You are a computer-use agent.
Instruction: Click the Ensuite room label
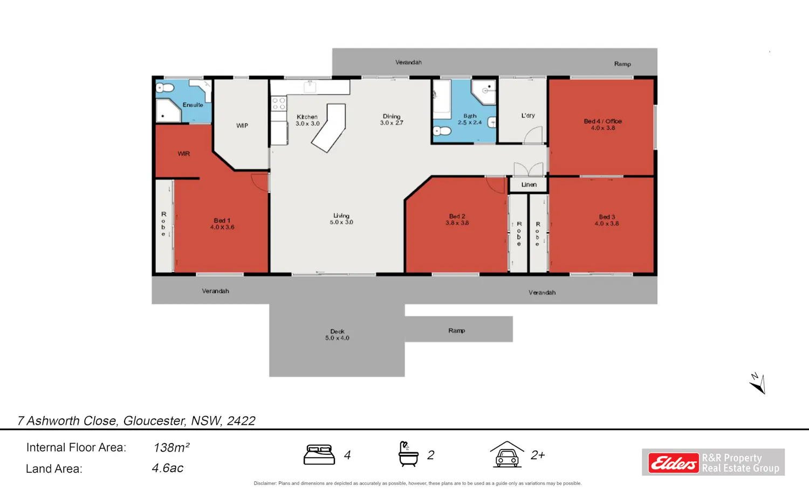pyautogui.click(x=193, y=105)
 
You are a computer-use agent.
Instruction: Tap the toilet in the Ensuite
pyautogui.click(x=165, y=87)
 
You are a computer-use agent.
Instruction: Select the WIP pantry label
pyautogui.click(x=242, y=126)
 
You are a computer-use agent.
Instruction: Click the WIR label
pyautogui.click(x=183, y=154)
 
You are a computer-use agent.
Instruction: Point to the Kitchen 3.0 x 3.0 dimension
pyautogui.click(x=307, y=123)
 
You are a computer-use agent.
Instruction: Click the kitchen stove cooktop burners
pyautogui.click(x=279, y=103)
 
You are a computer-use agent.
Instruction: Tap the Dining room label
pyautogui.click(x=392, y=116)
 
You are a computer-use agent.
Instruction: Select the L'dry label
pyautogui.click(x=528, y=115)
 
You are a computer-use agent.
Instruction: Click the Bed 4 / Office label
pyautogui.click(x=603, y=121)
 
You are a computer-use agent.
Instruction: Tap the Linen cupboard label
pyautogui.click(x=529, y=184)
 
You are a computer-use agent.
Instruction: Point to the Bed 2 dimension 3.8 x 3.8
pyautogui.click(x=457, y=223)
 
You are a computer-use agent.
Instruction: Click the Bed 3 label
pyautogui.click(x=607, y=217)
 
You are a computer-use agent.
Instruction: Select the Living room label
pyautogui.click(x=341, y=216)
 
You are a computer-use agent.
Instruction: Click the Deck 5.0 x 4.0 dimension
pyautogui.click(x=337, y=338)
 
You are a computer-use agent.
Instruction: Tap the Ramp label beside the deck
pyautogui.click(x=456, y=330)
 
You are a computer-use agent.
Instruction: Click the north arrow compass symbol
pyautogui.click(x=758, y=384)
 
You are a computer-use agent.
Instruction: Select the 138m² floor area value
pyautogui.click(x=171, y=448)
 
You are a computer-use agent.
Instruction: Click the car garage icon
pyautogui.click(x=507, y=454)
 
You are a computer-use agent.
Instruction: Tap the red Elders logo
pyautogui.click(x=674, y=462)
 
